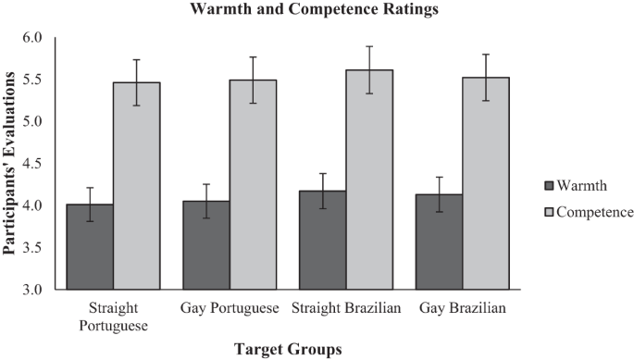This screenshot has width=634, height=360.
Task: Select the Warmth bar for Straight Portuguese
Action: (x=90, y=246)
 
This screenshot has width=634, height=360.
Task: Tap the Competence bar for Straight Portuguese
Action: (x=137, y=185)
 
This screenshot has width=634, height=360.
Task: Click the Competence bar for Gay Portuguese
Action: (x=254, y=184)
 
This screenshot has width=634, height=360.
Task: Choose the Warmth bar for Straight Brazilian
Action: (x=322, y=240)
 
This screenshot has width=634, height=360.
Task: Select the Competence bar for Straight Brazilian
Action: (x=369, y=180)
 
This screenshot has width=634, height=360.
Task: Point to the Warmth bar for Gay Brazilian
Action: (x=439, y=242)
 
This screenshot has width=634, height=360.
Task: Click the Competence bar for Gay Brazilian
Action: (x=486, y=183)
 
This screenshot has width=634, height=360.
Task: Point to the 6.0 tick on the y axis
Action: (x=34, y=38)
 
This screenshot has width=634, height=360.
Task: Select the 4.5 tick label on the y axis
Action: (x=34, y=164)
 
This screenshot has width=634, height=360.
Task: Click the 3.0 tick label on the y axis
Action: (x=34, y=290)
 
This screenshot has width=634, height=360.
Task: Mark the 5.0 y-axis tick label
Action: (x=34, y=122)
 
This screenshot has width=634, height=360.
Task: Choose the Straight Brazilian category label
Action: (x=346, y=307)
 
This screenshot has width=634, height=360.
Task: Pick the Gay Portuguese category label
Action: (x=230, y=307)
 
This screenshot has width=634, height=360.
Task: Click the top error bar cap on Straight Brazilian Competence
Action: (x=369, y=46)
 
